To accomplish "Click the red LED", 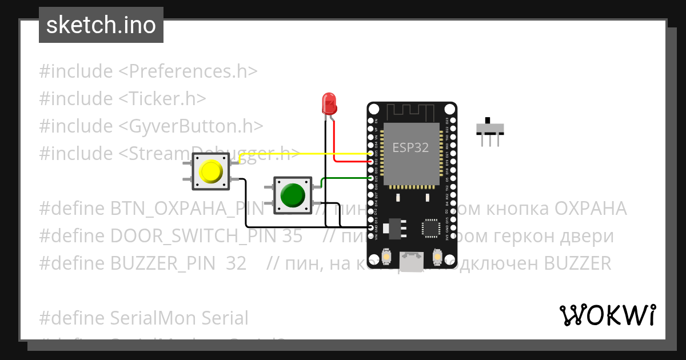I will (329, 103).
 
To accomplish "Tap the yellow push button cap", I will (210, 172).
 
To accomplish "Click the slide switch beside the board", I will (491, 131).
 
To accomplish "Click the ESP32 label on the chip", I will (410, 147).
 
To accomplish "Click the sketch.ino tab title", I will (101, 25).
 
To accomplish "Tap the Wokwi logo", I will (607, 315).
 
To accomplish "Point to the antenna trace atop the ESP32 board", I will (412, 111).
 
